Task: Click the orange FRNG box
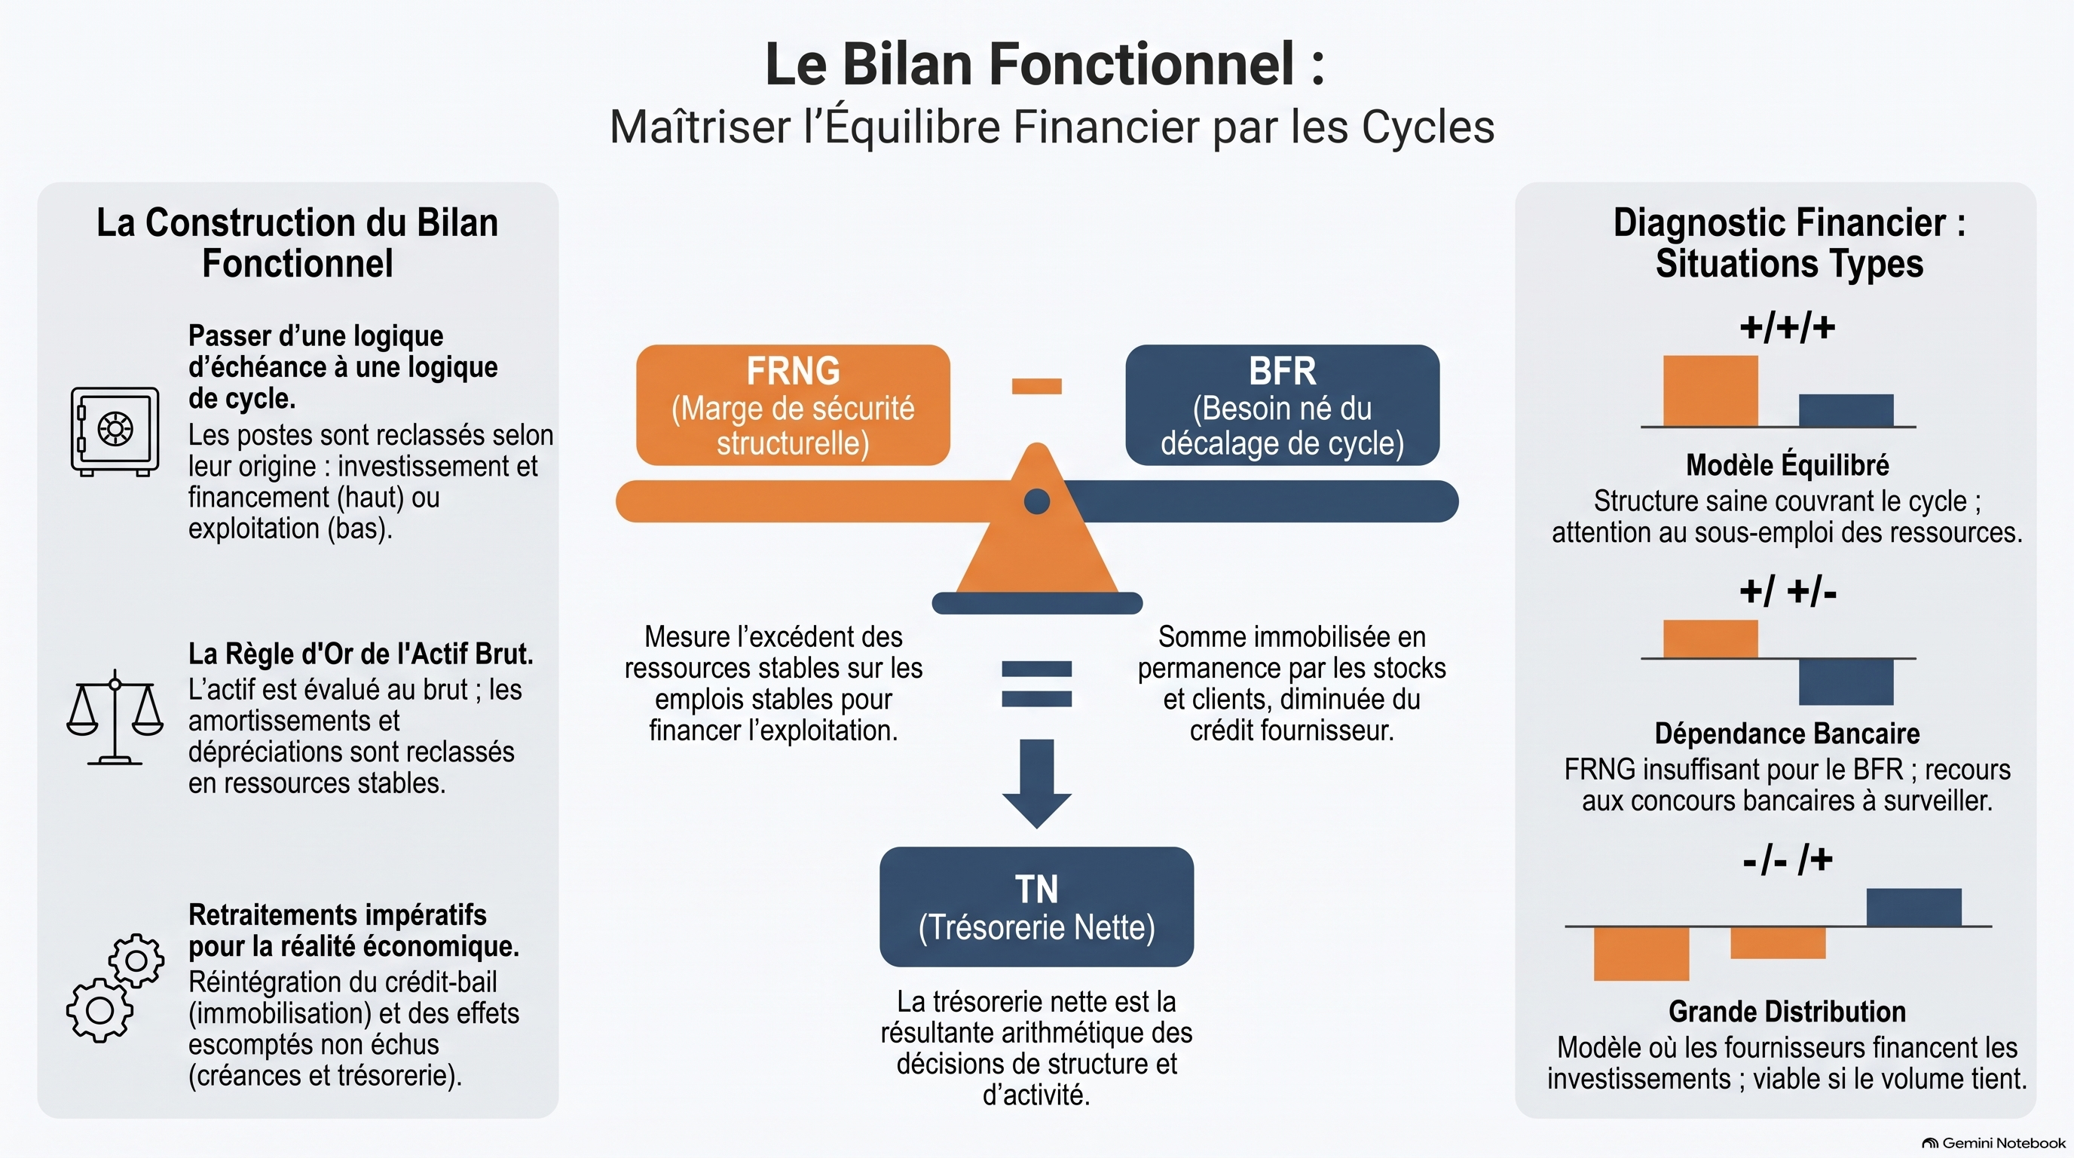(793, 405)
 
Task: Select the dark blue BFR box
(1283, 405)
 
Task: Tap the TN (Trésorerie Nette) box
(1037, 907)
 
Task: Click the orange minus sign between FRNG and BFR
(1037, 387)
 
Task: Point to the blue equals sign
(1037, 684)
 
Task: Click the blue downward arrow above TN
(1037, 783)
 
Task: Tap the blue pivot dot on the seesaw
(1037, 501)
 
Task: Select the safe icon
(115, 432)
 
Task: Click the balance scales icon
(115, 717)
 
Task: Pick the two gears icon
(115, 988)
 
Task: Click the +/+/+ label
(1788, 328)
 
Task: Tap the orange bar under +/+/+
(1711, 391)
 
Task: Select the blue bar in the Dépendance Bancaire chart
(1846, 682)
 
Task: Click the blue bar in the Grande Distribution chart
(1913, 908)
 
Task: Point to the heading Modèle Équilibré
(1788, 464)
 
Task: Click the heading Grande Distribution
(1788, 1011)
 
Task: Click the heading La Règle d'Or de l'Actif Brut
(361, 653)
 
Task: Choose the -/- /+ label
(1788, 860)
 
